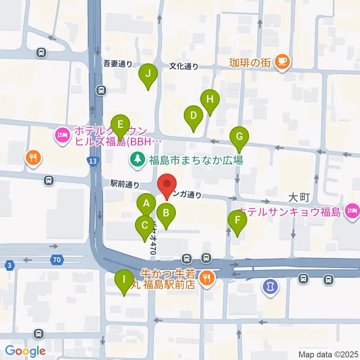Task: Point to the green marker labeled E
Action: [120, 124]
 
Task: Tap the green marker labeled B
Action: [166, 213]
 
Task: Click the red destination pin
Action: [167, 184]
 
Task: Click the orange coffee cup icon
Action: [282, 61]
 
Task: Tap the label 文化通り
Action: [183, 66]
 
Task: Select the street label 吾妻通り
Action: [118, 64]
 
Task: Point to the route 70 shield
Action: [56, 259]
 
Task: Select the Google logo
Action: [25, 351]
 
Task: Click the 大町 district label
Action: [298, 197]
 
